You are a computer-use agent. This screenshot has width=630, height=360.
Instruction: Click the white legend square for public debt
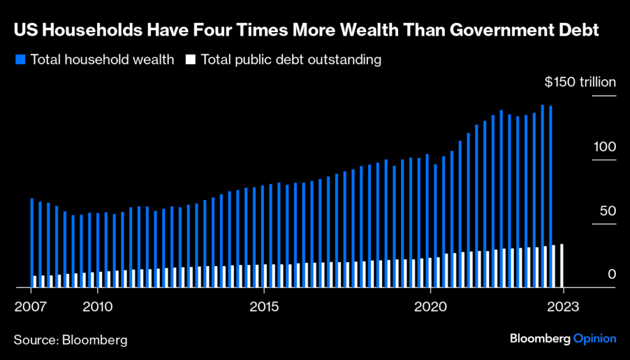tap(191, 60)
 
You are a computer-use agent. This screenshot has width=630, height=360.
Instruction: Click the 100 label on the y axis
tap(605, 146)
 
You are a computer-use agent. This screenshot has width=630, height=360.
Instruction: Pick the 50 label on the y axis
tap(607, 210)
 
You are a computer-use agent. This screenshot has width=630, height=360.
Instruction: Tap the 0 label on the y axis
tap(612, 274)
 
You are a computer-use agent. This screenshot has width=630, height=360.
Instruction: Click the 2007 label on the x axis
tap(27, 305)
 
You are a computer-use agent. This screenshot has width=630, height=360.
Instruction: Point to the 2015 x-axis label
tap(264, 305)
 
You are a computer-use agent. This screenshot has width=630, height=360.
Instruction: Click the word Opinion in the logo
tap(594, 338)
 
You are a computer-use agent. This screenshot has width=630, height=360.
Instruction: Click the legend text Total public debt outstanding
tap(291, 60)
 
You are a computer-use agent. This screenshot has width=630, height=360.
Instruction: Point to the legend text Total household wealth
tap(102, 60)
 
